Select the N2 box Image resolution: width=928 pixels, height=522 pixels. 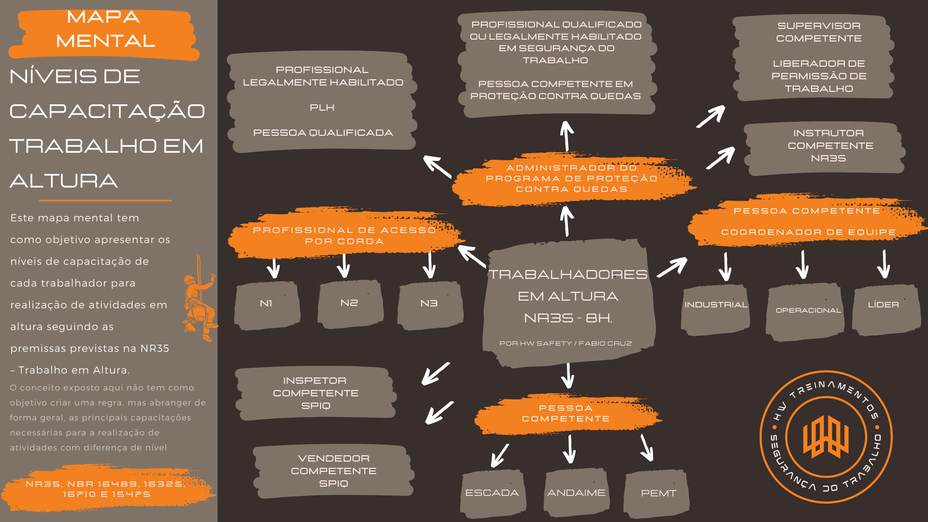pos(350,304)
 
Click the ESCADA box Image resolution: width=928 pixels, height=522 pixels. pos(493,493)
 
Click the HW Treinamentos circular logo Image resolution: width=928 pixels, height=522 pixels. pos(826,437)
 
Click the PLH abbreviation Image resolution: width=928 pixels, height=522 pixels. pos(322,108)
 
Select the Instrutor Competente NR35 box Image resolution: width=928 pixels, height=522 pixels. pos(825,148)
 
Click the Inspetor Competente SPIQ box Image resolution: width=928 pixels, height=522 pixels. pos(316,393)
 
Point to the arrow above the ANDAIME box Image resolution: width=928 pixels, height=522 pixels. pos(570,449)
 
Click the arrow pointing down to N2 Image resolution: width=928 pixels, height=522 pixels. pos(344,265)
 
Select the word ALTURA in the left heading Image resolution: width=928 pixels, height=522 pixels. pos(63,181)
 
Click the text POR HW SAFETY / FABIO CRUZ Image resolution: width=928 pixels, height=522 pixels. pos(565,344)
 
